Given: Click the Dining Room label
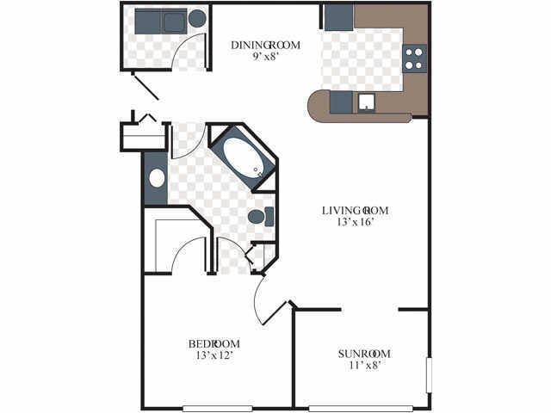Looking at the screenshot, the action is [265, 46].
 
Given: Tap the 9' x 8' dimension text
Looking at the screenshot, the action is [265, 57].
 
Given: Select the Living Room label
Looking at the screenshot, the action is [355, 211].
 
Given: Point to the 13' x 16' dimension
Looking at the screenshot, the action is [355, 222].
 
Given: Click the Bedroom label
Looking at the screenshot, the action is [214, 344].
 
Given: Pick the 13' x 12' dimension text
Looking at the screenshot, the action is [214, 355].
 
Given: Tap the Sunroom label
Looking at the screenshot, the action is [364, 354].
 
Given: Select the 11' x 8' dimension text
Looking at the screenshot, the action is [365, 365].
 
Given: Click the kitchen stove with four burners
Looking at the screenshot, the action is [414, 59].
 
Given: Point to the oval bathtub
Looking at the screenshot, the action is [243, 157].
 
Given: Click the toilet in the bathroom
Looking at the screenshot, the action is [260, 217].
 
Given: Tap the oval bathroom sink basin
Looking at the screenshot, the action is [157, 178].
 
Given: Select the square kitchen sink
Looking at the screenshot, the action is [366, 102].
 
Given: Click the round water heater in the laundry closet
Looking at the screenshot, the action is [197, 19].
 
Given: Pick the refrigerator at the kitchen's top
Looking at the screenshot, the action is [338, 17].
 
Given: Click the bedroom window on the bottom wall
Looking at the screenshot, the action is [218, 409].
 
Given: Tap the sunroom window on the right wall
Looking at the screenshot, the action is [429, 375].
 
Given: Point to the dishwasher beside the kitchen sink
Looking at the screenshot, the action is [341, 102].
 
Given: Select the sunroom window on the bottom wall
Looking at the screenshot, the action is [361, 409].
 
